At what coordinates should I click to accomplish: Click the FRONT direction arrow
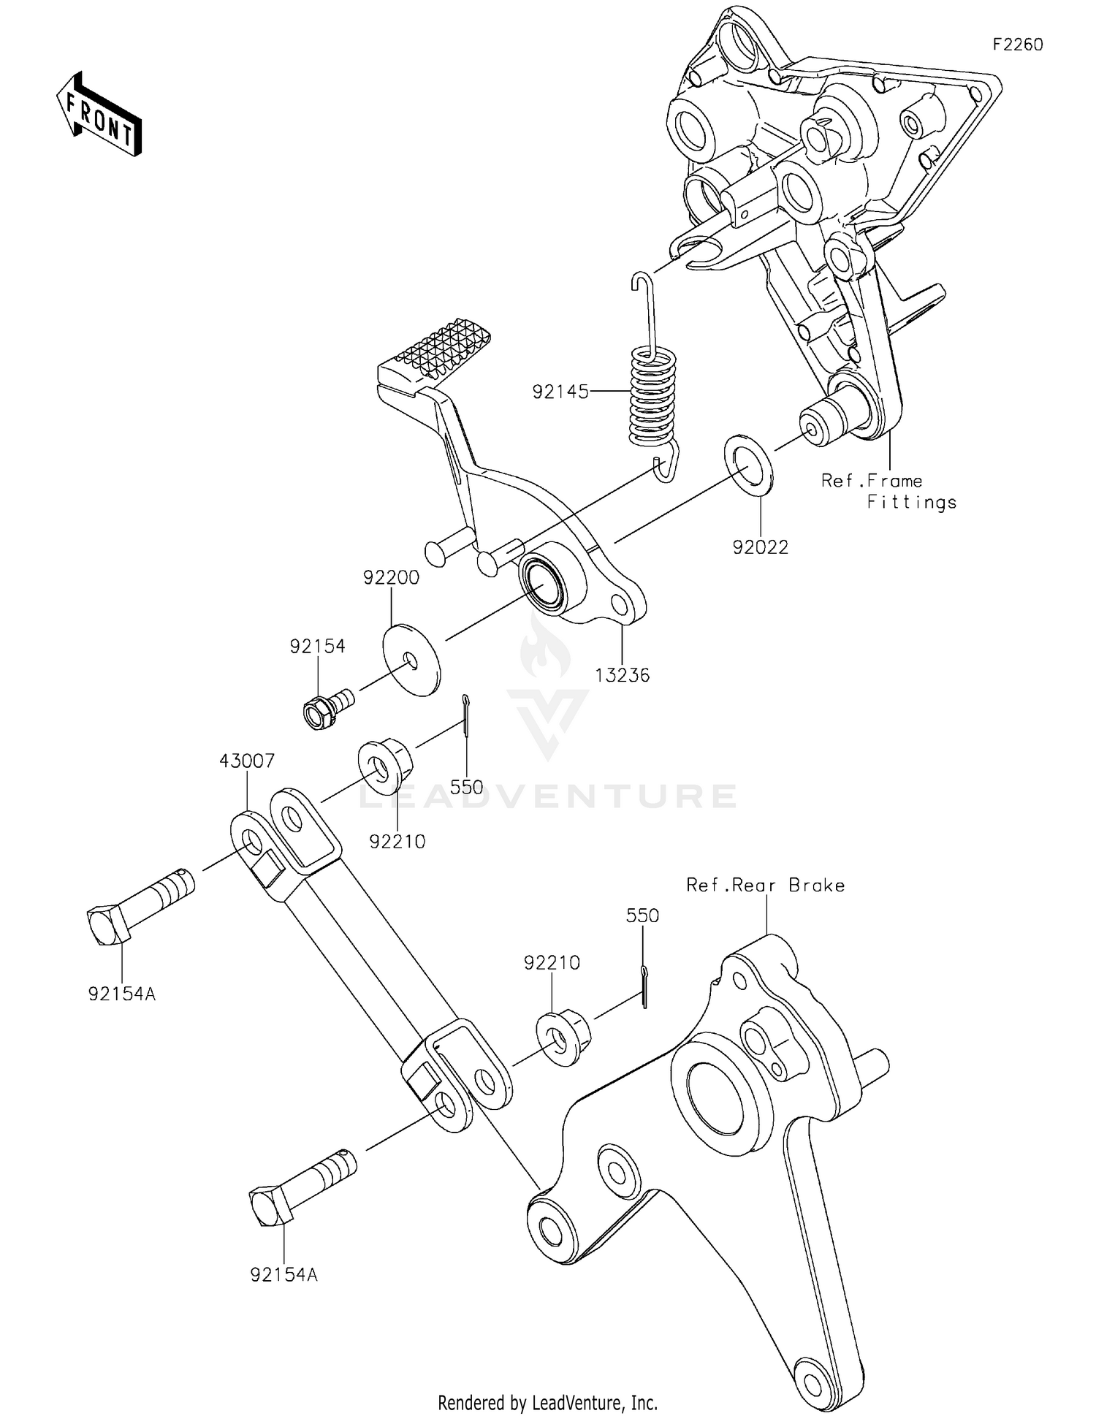tap(99, 115)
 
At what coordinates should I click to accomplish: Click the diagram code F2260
tap(1017, 45)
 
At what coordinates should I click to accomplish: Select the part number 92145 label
tap(560, 392)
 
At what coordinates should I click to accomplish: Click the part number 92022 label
tap(761, 547)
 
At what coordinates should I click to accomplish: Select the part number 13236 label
tap(622, 675)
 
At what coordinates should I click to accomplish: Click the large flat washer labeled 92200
tap(412, 661)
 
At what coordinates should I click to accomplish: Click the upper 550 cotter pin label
tap(466, 787)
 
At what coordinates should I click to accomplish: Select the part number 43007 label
tap(247, 761)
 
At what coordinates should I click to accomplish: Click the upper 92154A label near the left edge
tap(122, 994)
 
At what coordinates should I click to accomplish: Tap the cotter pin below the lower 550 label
tap(644, 986)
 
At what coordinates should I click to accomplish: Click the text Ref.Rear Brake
tap(765, 886)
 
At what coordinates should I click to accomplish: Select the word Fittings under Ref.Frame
tap(911, 502)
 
